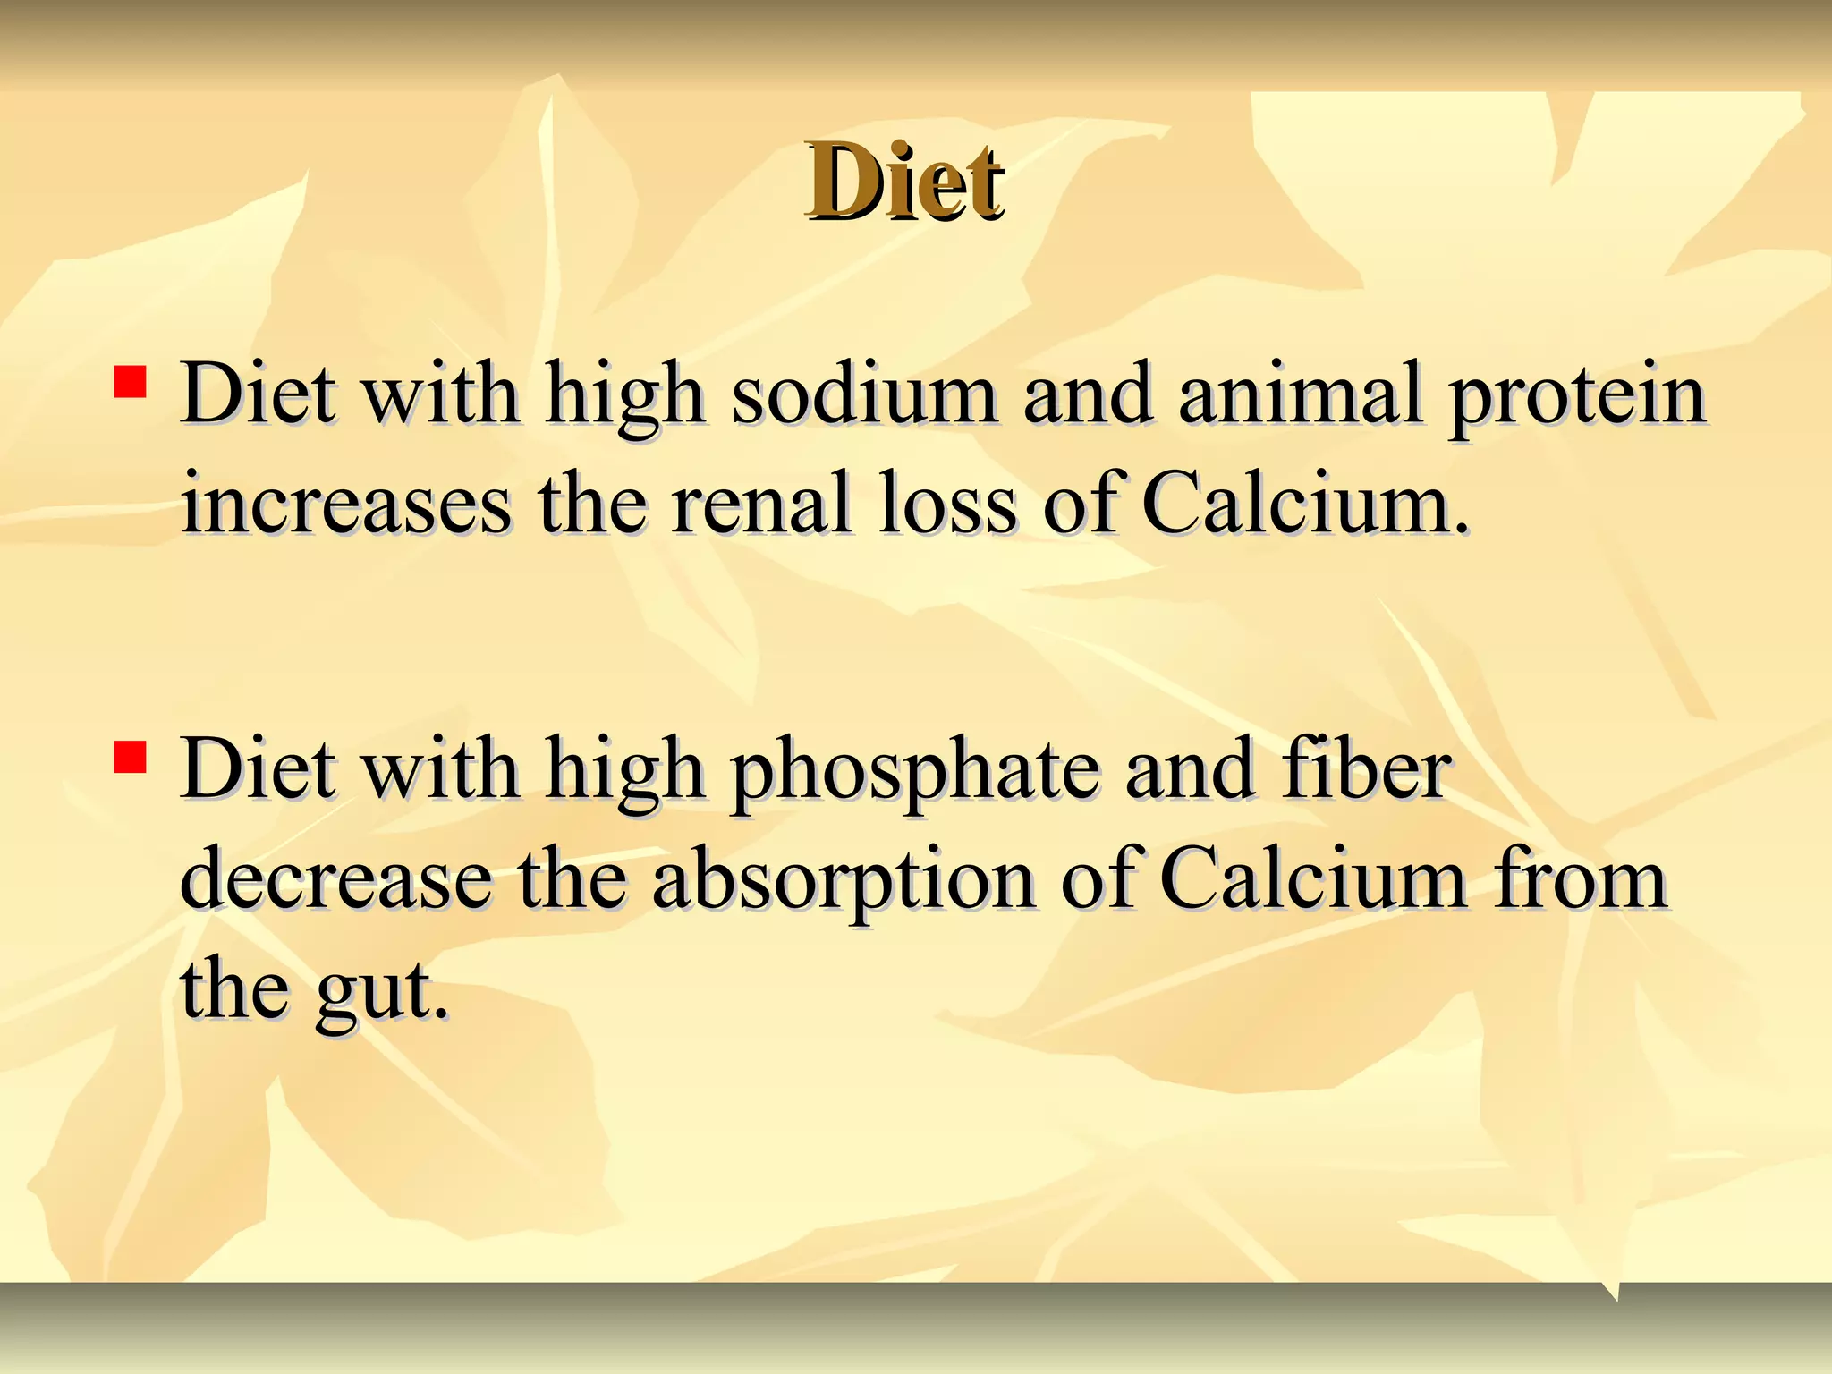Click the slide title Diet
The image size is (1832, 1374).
click(904, 182)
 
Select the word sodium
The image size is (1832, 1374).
click(864, 394)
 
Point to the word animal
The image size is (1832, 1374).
click(1299, 394)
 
